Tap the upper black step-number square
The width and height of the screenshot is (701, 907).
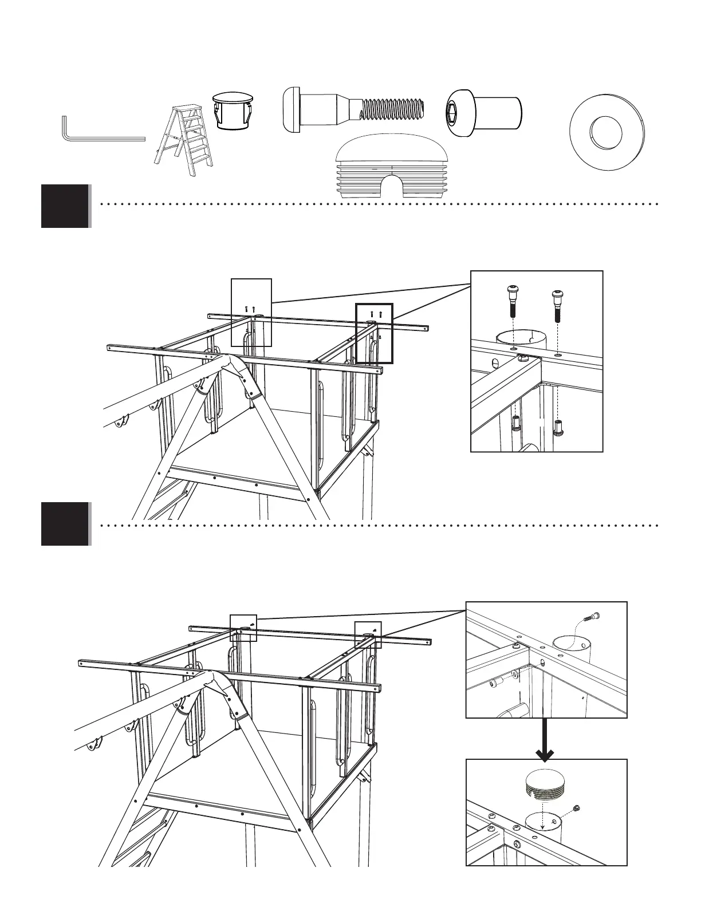65,206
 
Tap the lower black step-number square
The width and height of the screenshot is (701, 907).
65,523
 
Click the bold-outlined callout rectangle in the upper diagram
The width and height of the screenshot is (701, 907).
374,333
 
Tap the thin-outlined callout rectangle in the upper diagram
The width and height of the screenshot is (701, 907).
251,312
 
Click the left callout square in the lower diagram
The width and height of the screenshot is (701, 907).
243,628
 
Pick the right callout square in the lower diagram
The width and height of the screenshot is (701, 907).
368,634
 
